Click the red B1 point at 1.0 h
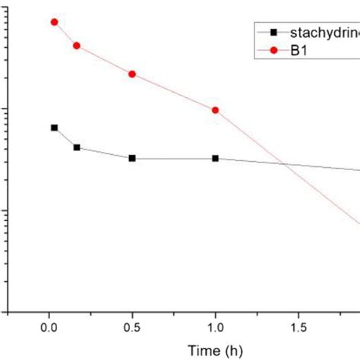click(215, 110)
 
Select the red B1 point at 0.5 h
click(132, 74)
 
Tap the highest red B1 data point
click(54, 22)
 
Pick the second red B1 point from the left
click(77, 46)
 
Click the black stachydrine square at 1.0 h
click(215, 158)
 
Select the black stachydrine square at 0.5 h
click(132, 158)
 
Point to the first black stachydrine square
click(54, 128)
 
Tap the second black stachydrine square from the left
click(77, 147)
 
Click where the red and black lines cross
click(283, 163)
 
